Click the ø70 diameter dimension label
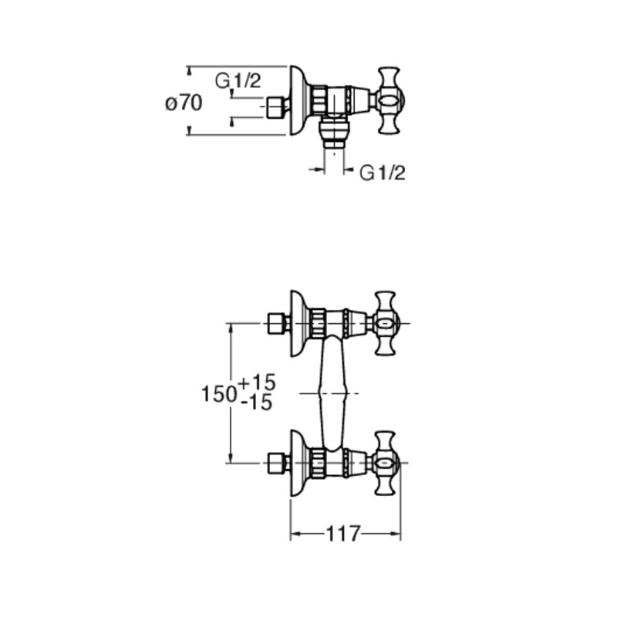coord(184,103)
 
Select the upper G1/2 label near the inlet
coord(238,81)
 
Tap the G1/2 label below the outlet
coord(382,172)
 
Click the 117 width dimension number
coord(343,534)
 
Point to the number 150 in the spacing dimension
coord(219,393)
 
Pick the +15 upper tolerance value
coord(257,382)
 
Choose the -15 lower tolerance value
coord(257,403)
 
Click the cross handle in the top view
coord(388,100)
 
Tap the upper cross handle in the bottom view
coord(385,323)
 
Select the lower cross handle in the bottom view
coord(385,464)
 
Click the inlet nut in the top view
coord(275,106)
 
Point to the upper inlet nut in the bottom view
coord(275,323)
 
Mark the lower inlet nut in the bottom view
coord(275,464)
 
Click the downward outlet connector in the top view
coord(334,132)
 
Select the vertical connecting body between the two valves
coord(333,393)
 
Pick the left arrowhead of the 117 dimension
coord(295,534)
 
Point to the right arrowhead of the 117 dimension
coord(396,534)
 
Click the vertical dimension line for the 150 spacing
coord(231,393)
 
